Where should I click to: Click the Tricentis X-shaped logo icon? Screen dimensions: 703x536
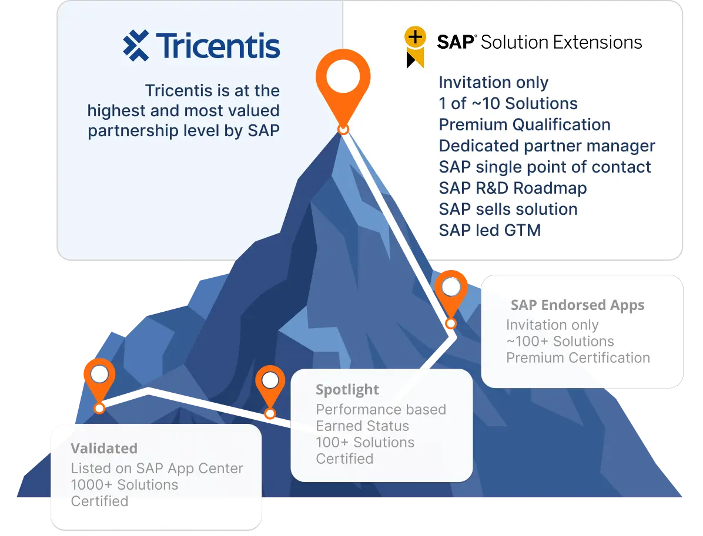(136, 45)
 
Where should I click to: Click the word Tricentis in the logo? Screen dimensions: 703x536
(217, 45)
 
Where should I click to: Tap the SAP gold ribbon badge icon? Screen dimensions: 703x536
(415, 46)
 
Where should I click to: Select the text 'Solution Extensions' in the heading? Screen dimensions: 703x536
(561, 42)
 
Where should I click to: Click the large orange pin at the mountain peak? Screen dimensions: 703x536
(343, 82)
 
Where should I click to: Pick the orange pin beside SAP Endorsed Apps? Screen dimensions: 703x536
(451, 293)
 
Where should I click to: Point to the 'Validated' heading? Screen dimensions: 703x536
(104, 449)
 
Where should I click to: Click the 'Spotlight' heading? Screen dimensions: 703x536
(347, 390)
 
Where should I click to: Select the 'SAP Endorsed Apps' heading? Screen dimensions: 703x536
(577, 305)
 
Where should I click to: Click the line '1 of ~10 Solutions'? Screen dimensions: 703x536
(508, 104)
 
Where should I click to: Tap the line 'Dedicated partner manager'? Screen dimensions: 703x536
(547, 146)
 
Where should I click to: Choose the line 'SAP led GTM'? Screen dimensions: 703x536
(490, 230)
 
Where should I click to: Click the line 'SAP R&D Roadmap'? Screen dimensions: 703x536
(513, 188)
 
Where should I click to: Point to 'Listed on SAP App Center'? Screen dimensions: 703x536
(157, 468)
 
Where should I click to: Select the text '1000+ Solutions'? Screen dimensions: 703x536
(124, 485)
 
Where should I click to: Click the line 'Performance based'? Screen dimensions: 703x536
(381, 410)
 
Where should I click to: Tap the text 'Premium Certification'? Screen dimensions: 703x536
(578, 358)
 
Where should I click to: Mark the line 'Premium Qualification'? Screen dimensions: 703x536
(524, 125)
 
